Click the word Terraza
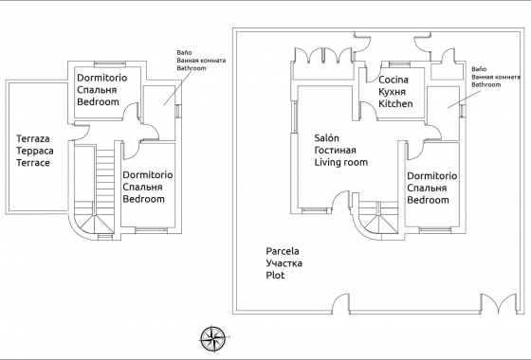click(x=35, y=138)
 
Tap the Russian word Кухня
click(x=394, y=93)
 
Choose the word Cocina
click(x=394, y=81)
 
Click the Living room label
click(x=341, y=162)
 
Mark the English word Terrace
click(x=33, y=163)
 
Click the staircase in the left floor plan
click(x=100, y=189)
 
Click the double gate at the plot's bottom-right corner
click(x=498, y=306)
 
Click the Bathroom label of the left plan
click(x=193, y=69)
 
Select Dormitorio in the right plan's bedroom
click(x=431, y=176)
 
